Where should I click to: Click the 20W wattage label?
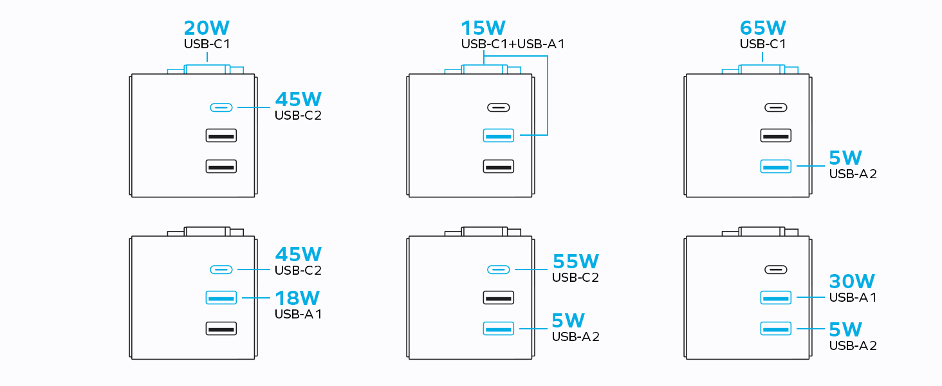(207, 28)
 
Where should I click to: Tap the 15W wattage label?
(483, 28)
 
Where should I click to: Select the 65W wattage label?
(763, 28)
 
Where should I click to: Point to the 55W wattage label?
(575, 261)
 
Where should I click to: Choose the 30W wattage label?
(853, 281)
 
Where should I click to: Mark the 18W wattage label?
(297, 298)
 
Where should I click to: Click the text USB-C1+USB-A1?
(513, 44)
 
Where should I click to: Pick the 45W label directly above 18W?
(298, 254)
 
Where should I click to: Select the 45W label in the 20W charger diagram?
(298, 99)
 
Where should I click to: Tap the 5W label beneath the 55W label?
(568, 320)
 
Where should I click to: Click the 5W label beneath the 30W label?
(845, 329)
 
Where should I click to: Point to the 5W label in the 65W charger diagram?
(845, 158)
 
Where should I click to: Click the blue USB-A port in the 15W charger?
(498, 136)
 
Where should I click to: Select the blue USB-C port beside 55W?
(498, 270)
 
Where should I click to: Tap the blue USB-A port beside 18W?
(221, 297)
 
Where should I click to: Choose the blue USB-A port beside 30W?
(775, 297)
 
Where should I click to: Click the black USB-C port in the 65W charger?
(775, 107)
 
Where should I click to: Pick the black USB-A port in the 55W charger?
(498, 297)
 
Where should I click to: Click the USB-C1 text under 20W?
(207, 44)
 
